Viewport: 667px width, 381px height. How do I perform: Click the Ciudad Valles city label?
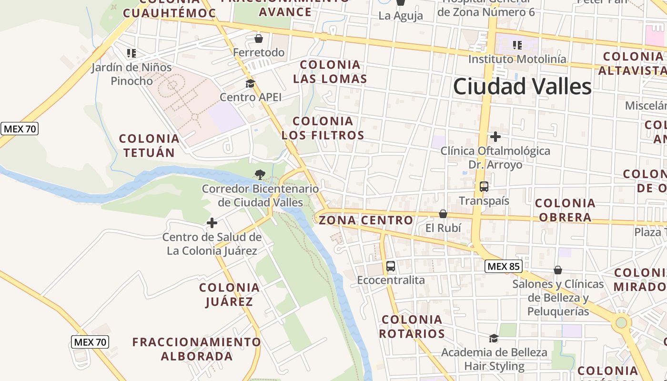tap(522, 87)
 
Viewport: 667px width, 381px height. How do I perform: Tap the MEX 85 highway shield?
tap(503, 266)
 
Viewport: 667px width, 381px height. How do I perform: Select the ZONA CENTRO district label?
tap(366, 220)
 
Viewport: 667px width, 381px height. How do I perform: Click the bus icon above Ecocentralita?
tap(391, 266)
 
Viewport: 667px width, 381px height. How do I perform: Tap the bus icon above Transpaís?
tap(484, 186)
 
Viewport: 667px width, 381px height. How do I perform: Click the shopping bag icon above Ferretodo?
tap(259, 39)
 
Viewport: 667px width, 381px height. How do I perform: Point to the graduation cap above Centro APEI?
tap(250, 84)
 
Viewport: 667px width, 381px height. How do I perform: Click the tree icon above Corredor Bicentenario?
tap(260, 175)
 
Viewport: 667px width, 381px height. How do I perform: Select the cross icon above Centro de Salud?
tap(212, 223)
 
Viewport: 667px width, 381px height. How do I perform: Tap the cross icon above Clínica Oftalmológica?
tap(495, 137)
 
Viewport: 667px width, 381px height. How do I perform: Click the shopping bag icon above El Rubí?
tap(443, 214)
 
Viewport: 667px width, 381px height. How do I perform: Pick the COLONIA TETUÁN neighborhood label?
tap(149, 146)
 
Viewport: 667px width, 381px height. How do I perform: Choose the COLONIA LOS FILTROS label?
tap(323, 128)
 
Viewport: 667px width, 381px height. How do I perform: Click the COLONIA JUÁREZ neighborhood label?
tap(230, 294)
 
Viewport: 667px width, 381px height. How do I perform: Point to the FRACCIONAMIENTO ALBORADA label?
tap(196, 349)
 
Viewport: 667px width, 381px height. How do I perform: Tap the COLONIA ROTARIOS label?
tap(412, 326)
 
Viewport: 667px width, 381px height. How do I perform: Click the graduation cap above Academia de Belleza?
tap(494, 339)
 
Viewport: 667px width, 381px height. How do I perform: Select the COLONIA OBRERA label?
tap(565, 210)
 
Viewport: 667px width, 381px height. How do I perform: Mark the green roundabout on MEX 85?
tap(621, 322)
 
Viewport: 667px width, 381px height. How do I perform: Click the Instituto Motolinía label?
tap(517, 59)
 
